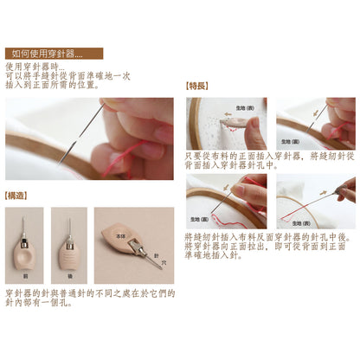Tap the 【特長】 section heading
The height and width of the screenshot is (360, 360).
198,87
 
